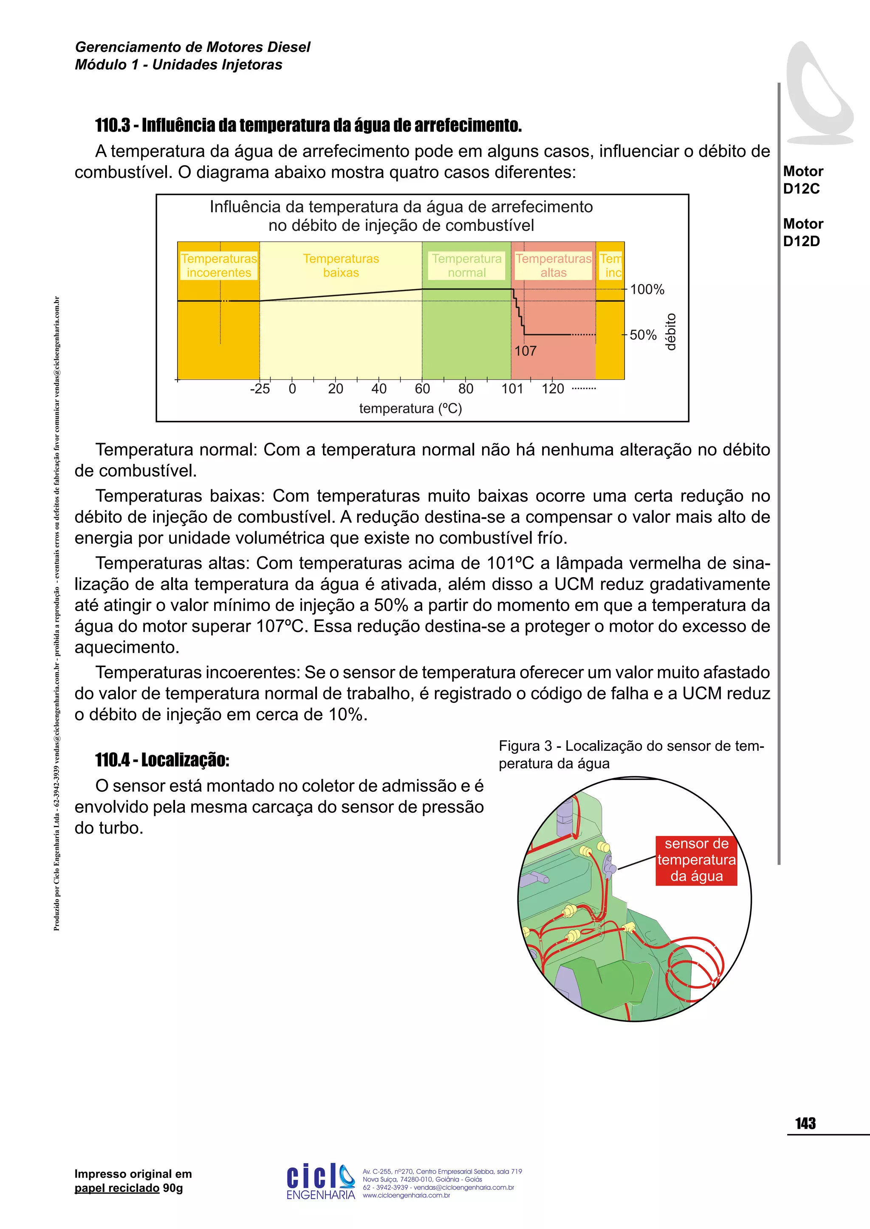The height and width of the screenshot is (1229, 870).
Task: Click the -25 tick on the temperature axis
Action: pyautogui.click(x=260, y=389)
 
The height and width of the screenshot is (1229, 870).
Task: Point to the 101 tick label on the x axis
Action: pyautogui.click(x=512, y=389)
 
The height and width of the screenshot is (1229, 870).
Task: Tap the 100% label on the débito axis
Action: pyautogui.click(x=647, y=289)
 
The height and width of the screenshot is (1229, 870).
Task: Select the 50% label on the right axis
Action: pyautogui.click(x=643, y=335)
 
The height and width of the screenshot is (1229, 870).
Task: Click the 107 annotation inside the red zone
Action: pyautogui.click(x=525, y=351)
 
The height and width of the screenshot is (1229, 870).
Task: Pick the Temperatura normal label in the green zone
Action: pyautogui.click(x=466, y=266)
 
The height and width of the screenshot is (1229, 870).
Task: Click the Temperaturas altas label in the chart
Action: pyautogui.click(x=554, y=266)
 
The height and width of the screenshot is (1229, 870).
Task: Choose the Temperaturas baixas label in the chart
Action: pyautogui.click(x=341, y=266)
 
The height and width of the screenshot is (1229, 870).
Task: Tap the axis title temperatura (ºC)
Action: pyautogui.click(x=410, y=408)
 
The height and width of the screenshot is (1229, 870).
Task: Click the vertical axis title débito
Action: pyautogui.click(x=671, y=332)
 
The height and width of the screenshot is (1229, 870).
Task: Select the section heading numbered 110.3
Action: pyautogui.click(x=308, y=125)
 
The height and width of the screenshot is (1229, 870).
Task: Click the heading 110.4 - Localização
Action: pyautogui.click(x=162, y=760)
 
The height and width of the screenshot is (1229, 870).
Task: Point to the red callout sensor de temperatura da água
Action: pyautogui.click(x=696, y=860)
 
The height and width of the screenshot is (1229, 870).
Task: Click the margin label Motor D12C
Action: pyautogui.click(x=802, y=180)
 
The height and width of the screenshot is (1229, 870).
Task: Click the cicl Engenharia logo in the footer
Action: pyautogui.click(x=320, y=1181)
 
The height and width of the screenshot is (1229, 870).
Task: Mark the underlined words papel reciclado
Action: pyautogui.click(x=117, y=1188)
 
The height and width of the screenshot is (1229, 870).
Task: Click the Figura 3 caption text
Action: pyautogui.click(x=631, y=754)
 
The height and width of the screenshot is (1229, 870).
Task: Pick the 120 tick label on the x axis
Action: pyautogui.click(x=553, y=389)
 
